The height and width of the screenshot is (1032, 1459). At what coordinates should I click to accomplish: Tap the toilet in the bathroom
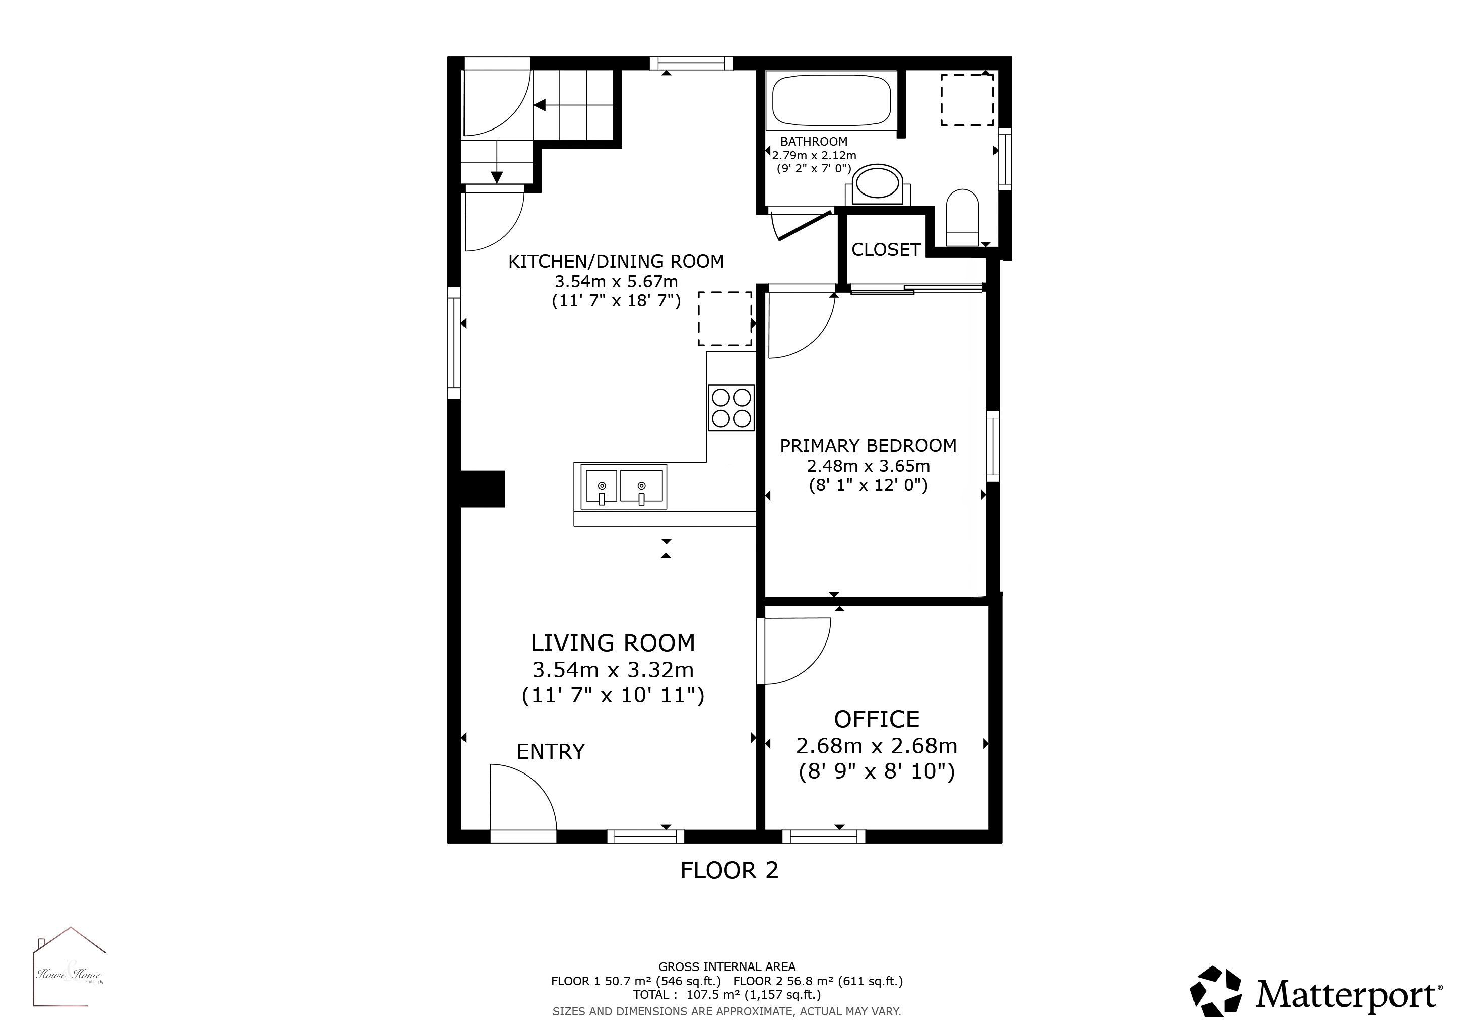[x=962, y=217]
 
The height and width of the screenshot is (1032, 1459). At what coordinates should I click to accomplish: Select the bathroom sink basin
[x=878, y=184]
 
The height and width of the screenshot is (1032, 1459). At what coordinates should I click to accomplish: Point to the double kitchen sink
[x=624, y=487]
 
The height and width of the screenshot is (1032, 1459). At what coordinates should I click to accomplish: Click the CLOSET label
[x=886, y=250]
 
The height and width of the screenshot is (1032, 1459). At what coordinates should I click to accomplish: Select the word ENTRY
[x=550, y=752]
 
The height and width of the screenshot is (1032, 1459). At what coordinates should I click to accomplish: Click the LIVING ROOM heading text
[x=613, y=643]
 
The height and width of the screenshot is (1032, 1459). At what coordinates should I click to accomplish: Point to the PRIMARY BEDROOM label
[x=868, y=445]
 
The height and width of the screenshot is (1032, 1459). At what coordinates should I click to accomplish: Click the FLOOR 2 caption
[x=729, y=870]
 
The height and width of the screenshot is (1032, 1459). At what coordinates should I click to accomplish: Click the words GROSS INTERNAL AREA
[x=727, y=967]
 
